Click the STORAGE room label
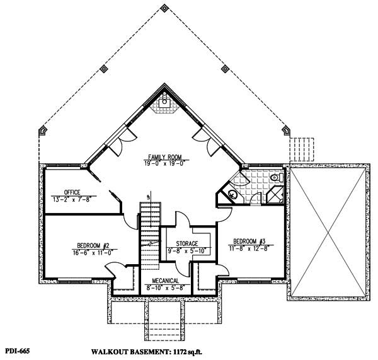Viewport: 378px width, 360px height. [x=187, y=243]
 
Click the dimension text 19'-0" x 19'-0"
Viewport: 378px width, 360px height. [x=166, y=163]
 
